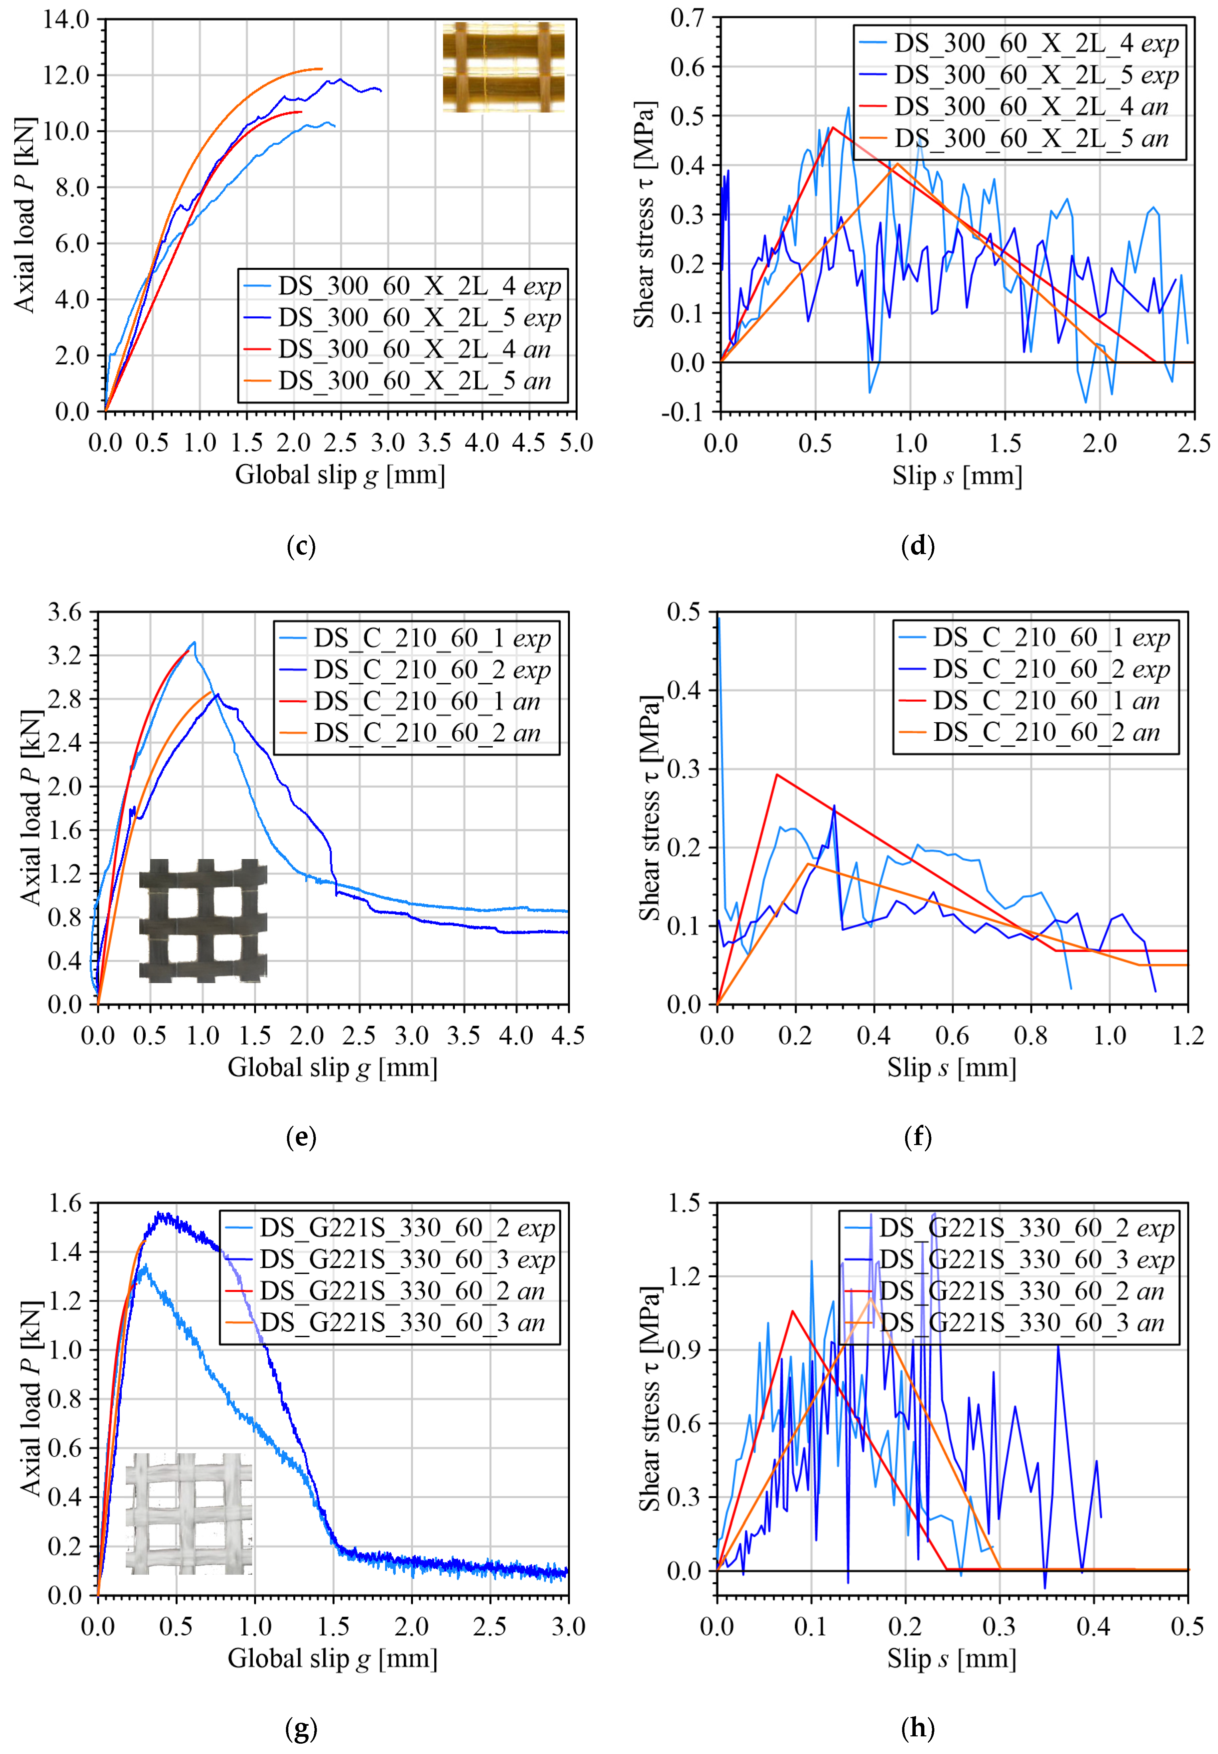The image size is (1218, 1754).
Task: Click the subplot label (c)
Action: point(301,546)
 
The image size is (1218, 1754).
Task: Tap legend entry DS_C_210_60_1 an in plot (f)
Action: point(1045,701)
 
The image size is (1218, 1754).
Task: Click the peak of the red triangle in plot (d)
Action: point(833,127)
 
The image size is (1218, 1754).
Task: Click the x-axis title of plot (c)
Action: point(339,475)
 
